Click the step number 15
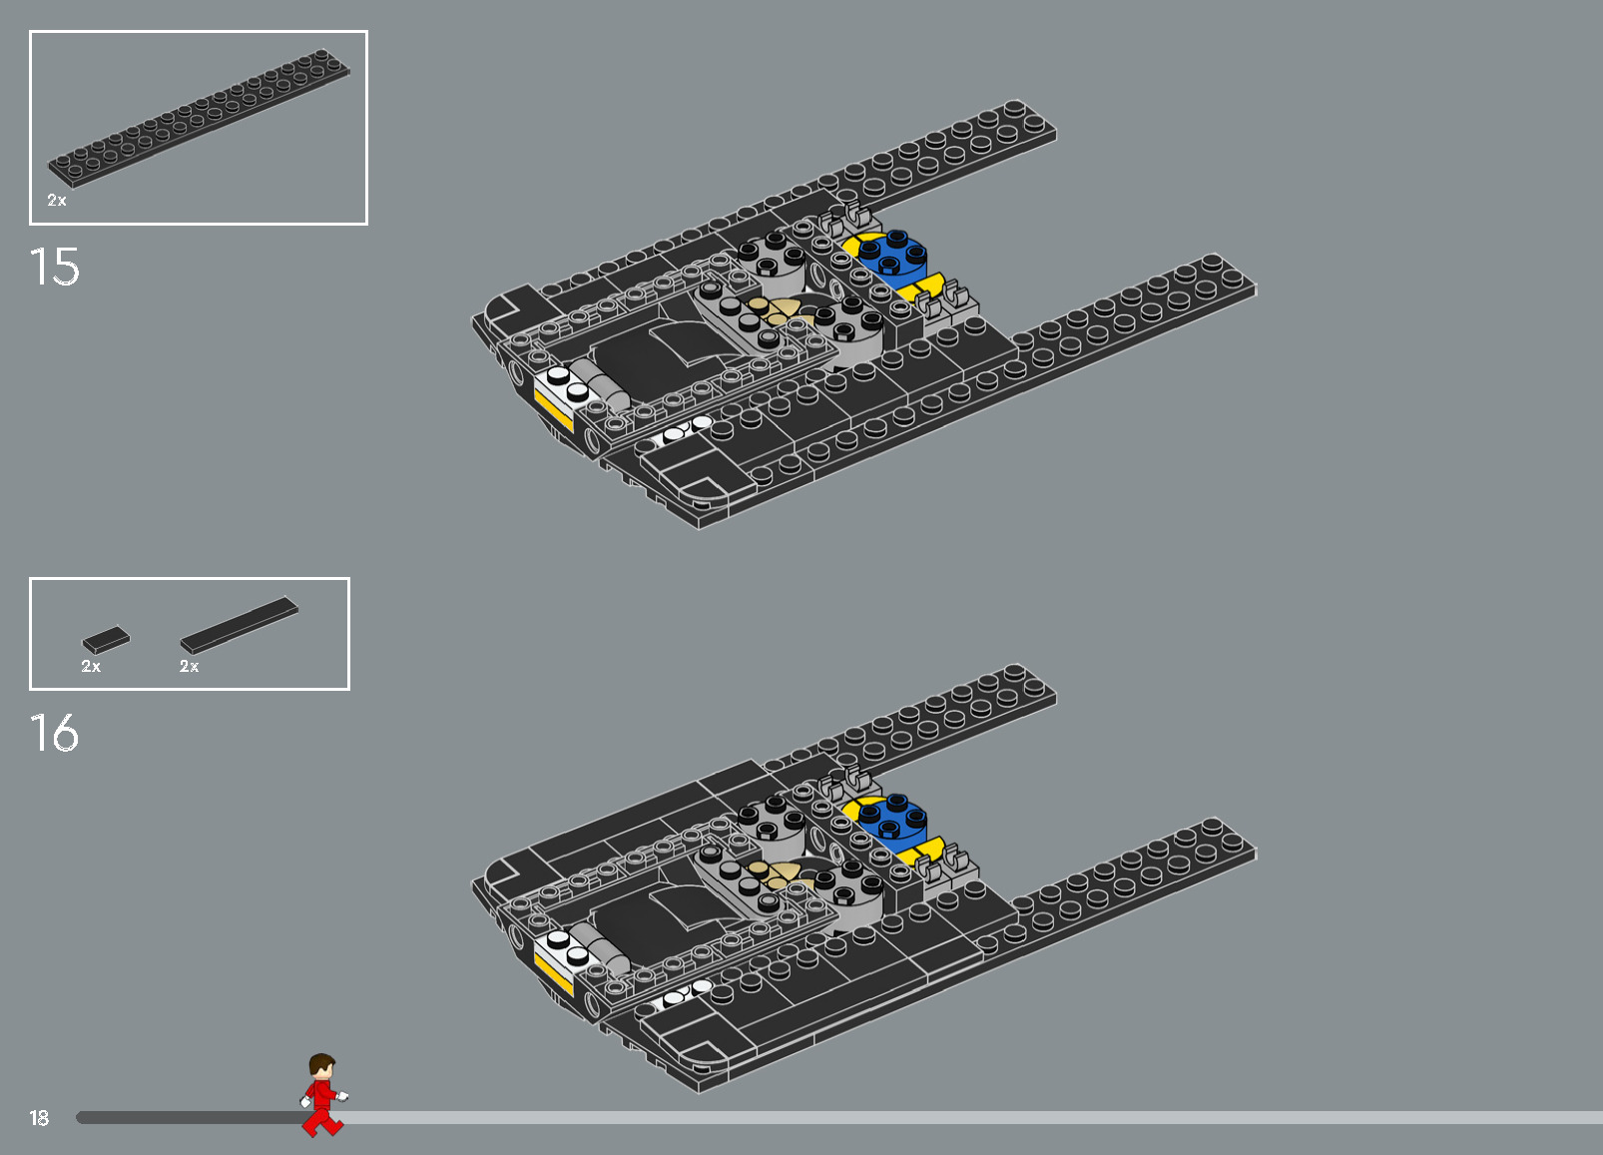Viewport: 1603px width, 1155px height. pyautogui.click(x=55, y=268)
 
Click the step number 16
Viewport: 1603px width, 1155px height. pyautogui.click(x=55, y=734)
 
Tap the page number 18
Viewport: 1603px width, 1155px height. pyautogui.click(x=39, y=1118)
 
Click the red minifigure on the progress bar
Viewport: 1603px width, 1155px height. pyautogui.click(x=322, y=1095)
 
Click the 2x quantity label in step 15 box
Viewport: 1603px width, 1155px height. pyautogui.click(x=57, y=201)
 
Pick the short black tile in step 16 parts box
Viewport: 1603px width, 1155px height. pyautogui.click(x=106, y=639)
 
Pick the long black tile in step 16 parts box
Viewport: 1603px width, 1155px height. pyautogui.click(x=240, y=625)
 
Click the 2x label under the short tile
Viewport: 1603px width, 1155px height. pyautogui.click(x=91, y=666)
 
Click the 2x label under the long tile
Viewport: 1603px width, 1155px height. pyautogui.click(x=190, y=666)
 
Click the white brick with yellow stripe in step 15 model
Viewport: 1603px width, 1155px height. pyautogui.click(x=559, y=395)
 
